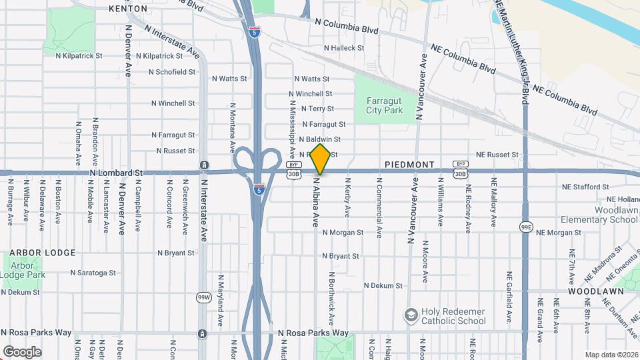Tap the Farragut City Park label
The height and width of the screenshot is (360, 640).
(x=385, y=105)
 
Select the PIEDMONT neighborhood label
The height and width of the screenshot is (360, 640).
(x=409, y=164)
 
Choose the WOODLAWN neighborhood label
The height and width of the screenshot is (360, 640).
(x=595, y=291)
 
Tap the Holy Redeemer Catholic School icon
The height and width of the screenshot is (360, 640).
(x=411, y=314)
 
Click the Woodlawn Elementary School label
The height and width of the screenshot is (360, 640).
(x=599, y=214)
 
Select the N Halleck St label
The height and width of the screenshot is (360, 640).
(x=344, y=48)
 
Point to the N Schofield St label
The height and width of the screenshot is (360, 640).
(x=172, y=71)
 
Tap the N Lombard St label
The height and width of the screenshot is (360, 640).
(x=116, y=173)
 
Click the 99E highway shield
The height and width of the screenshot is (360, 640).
(x=526, y=227)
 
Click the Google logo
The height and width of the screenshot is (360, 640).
(x=22, y=351)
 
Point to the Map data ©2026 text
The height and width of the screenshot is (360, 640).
(x=611, y=355)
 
